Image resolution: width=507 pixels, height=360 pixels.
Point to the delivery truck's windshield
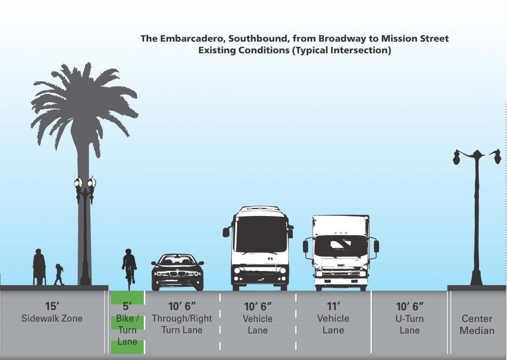pos(341,245)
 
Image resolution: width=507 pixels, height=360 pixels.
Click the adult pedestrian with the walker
pos(39,267)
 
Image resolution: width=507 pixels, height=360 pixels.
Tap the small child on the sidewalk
pos(58,275)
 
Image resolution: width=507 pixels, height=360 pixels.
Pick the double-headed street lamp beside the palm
pos(85,228)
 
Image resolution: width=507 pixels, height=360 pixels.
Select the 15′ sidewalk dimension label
pos(52,306)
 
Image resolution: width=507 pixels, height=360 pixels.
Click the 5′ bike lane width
pos(128,306)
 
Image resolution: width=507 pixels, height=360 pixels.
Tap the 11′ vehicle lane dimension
pos(333,306)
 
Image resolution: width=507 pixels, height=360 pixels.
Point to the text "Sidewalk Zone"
pos(52,318)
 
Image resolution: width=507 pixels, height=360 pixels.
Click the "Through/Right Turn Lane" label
pos(182,324)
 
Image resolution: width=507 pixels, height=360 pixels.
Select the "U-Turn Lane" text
pos(409,324)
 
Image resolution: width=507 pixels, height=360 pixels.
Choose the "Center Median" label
pos(477,325)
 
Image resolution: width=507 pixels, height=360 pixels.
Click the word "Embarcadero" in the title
pos(191,39)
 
